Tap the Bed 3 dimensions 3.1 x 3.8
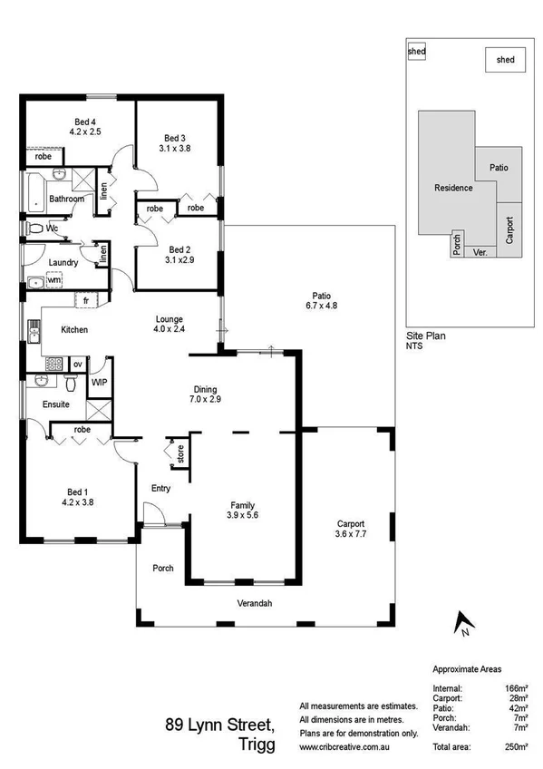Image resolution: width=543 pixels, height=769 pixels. [175, 147]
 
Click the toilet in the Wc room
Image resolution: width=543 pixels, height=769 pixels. [34, 229]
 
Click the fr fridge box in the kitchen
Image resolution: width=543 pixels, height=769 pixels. [85, 299]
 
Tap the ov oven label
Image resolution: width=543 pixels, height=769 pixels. [78, 365]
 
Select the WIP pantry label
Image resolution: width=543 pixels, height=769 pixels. [100, 382]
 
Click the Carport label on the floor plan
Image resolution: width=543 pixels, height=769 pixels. [351, 524]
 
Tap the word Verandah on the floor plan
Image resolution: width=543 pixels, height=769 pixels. [254, 603]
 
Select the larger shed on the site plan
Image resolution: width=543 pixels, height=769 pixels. [505, 60]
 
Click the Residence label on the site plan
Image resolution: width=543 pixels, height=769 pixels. [453, 188]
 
